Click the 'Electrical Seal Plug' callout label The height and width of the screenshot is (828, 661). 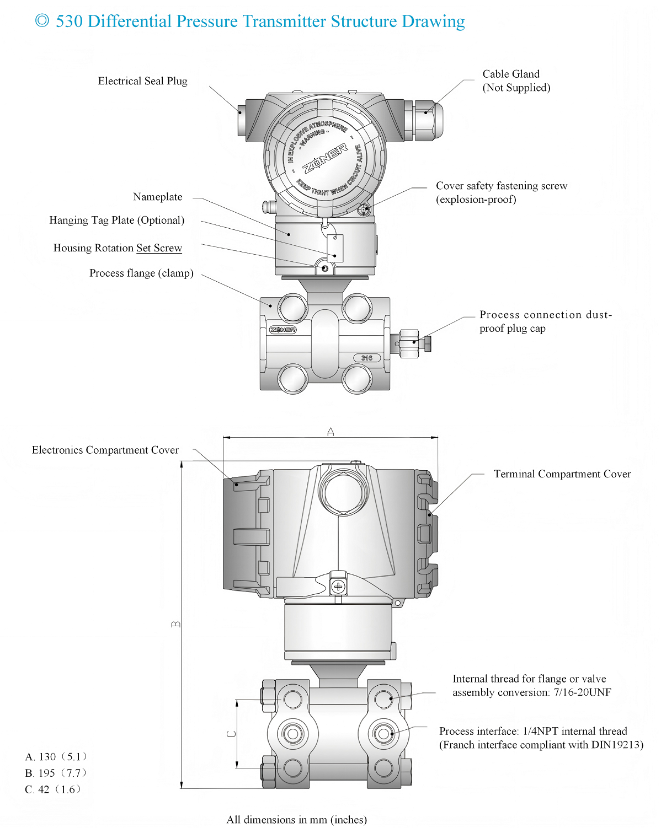(142, 81)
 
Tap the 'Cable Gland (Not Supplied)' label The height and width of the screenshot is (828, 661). (516, 81)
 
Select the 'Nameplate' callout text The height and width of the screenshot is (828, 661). (158, 197)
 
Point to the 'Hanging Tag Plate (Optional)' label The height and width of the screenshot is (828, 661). (117, 221)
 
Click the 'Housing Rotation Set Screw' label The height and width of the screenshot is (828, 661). (118, 248)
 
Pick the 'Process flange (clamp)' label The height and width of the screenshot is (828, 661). (141, 273)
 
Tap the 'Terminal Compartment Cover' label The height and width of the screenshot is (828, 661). (562, 474)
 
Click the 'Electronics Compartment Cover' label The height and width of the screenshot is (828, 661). (105, 450)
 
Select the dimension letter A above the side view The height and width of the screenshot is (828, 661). (330, 432)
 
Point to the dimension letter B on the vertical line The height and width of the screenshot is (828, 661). (175, 624)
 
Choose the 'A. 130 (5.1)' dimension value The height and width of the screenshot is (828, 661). (56, 757)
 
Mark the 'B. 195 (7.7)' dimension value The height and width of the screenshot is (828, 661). (56, 773)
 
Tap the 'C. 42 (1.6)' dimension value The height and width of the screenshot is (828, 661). (53, 789)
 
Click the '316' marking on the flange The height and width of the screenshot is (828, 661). (366, 358)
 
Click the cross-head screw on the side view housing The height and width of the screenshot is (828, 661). (338, 587)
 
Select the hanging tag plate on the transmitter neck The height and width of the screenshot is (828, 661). (335, 249)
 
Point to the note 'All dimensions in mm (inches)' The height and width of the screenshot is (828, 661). (296, 820)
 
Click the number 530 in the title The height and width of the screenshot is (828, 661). (70, 21)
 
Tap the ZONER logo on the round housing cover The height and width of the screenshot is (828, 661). (324, 158)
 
